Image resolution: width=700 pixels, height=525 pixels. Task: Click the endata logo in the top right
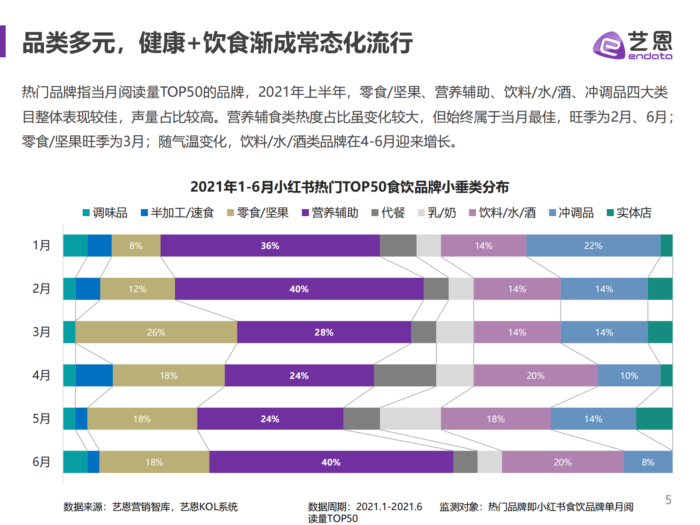point(632,45)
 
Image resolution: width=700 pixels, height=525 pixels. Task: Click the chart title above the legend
point(350,187)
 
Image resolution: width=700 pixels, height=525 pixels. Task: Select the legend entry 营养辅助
point(330,213)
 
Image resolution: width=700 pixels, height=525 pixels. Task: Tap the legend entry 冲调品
point(571,213)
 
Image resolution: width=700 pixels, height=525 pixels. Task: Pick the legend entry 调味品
point(105,213)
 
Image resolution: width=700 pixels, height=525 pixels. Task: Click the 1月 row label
point(42,245)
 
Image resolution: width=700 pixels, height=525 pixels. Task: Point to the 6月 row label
point(42,462)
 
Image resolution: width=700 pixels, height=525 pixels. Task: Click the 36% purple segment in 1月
point(270,245)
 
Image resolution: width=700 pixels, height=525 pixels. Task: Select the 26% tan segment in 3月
point(156,332)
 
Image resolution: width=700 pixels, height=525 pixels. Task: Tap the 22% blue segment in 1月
point(593,245)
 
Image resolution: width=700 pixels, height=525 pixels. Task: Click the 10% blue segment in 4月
point(629,375)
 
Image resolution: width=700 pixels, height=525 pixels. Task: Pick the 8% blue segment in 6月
point(648,462)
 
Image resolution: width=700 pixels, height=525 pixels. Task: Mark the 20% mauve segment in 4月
point(535,375)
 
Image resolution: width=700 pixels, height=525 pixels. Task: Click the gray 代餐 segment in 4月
point(405,375)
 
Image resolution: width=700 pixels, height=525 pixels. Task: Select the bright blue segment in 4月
point(94,375)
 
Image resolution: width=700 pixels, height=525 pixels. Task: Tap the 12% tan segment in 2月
point(137,289)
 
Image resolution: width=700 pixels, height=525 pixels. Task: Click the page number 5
point(668,500)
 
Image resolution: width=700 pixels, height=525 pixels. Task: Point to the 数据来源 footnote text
point(150,507)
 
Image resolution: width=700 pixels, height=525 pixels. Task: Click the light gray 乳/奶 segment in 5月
point(410,419)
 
